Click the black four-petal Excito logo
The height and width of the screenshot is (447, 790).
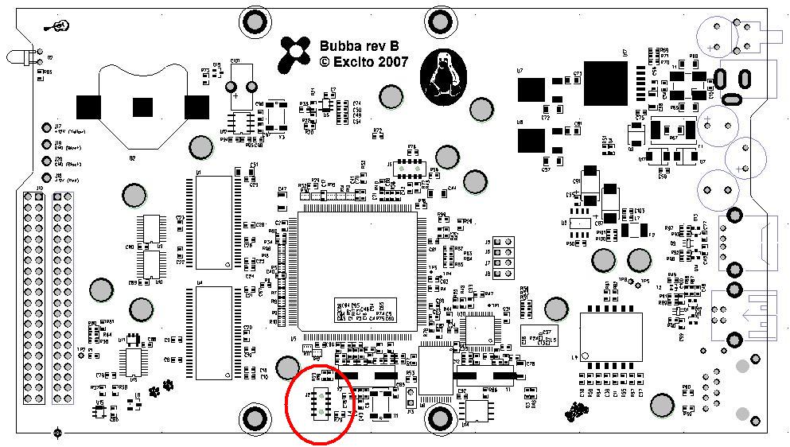pyautogui.click(x=295, y=53)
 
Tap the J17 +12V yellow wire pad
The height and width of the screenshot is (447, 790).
pyautogui.click(x=47, y=127)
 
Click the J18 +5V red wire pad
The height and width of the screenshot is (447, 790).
pyautogui.click(x=47, y=177)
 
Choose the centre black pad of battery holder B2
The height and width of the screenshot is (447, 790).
pyautogui.click(x=142, y=106)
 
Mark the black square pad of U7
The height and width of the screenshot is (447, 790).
pyautogui.click(x=531, y=90)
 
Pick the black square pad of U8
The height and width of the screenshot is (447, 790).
pyautogui.click(x=531, y=142)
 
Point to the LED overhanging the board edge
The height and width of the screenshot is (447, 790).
pyautogui.click(x=19, y=58)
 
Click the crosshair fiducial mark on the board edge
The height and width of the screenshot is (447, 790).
pyautogui.click(x=57, y=433)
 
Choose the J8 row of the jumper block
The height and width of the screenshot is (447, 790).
pyautogui.click(x=502, y=274)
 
